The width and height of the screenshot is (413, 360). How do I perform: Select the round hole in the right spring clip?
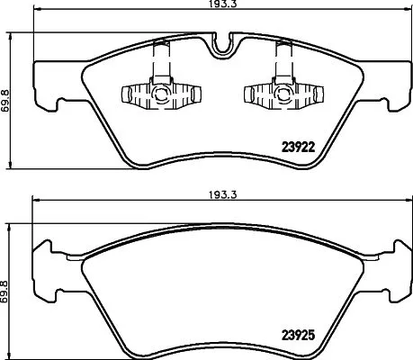click(272, 93)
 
